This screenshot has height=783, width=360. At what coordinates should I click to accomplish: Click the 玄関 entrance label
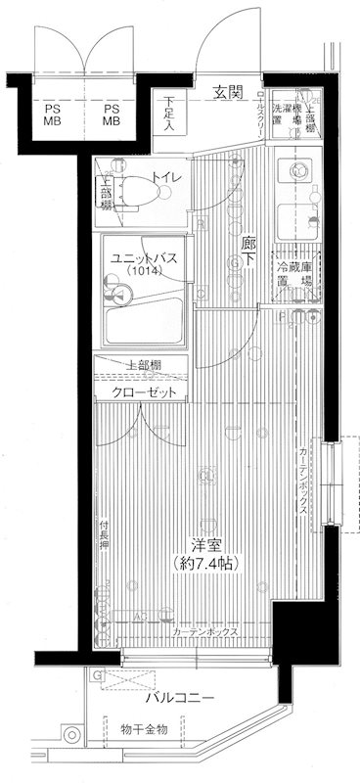tap(228, 93)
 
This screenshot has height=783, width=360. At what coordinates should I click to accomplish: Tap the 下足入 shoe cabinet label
tap(169, 114)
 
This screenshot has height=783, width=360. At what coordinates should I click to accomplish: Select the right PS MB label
tap(112, 115)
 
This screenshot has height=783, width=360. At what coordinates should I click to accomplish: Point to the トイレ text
tap(162, 178)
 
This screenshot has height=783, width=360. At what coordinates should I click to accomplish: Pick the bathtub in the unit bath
tap(143, 319)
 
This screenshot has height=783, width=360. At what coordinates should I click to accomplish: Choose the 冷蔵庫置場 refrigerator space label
tap(292, 274)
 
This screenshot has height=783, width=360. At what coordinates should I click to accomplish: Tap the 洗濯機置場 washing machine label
tap(287, 116)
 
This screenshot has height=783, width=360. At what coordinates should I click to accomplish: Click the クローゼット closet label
tap(144, 391)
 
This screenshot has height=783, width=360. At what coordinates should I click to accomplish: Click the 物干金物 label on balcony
tap(145, 729)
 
